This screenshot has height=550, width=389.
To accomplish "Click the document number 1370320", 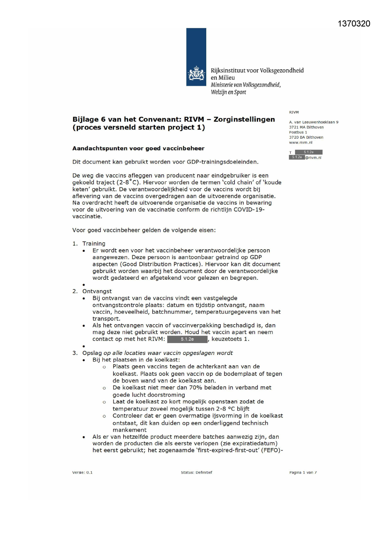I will (x=354, y=24).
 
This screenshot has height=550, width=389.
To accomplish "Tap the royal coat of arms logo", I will (x=196, y=74).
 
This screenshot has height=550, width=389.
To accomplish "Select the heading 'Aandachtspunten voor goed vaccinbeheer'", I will (x=138, y=148).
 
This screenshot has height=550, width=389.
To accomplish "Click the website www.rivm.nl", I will (x=301, y=142).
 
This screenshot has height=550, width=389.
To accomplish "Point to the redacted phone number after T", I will (x=308, y=152).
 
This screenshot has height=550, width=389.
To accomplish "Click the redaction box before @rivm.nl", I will (x=297, y=157).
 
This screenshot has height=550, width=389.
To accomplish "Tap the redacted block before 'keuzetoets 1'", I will (x=187, y=339).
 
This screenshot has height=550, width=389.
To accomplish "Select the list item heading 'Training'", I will (x=94, y=244).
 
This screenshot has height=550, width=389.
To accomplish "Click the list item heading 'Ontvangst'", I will (x=97, y=291).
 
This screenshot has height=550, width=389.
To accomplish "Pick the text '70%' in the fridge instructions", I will (x=196, y=388).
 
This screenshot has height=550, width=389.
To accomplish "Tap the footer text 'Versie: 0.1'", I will (x=82, y=473).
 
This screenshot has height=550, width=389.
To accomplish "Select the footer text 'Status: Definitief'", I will (x=197, y=473).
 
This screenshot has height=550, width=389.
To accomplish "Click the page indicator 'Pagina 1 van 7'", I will (x=303, y=473).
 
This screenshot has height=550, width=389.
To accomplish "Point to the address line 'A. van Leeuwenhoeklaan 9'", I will (x=313, y=122).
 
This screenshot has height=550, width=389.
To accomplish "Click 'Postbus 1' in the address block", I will (x=298, y=132).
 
